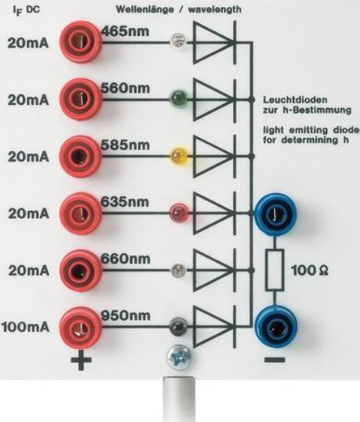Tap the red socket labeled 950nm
point(80,328)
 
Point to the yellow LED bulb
point(178,155)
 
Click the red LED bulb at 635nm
point(178,213)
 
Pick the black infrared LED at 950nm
point(178,326)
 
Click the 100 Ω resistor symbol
point(275,270)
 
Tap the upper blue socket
point(275,214)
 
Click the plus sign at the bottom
point(80,360)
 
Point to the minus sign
point(275,360)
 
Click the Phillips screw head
point(178,358)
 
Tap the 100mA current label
point(25,327)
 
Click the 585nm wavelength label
point(125,145)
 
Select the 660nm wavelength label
point(126,259)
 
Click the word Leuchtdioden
point(295,100)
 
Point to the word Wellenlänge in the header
point(145,9)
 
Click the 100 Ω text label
point(310,270)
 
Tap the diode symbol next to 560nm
point(215,100)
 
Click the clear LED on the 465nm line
point(178,41)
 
